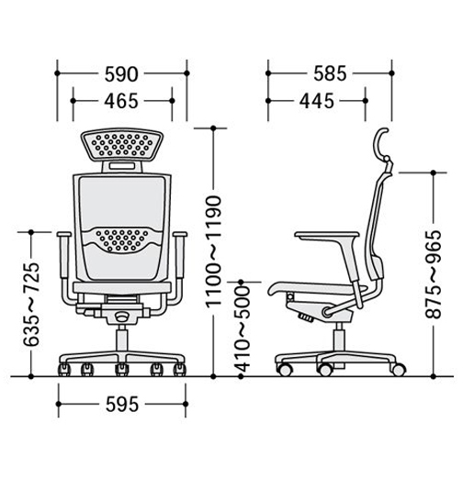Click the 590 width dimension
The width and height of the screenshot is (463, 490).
pos(121,74)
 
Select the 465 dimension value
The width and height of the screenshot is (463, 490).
pos(121,101)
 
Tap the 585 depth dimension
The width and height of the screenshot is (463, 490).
pos(330,73)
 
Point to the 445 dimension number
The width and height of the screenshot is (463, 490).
pos(317,101)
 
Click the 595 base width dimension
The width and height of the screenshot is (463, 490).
pos(122,405)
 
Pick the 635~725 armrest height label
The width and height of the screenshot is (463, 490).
pos(31,305)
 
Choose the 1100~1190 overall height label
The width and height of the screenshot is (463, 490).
pos(214,251)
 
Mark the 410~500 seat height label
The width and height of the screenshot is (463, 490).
pos(242,329)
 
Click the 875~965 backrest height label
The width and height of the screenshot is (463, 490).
pos(434,274)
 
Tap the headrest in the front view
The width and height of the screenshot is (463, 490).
pos(122,145)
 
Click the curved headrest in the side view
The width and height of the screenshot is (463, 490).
pos(379,144)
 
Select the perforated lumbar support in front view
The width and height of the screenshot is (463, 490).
pos(122,239)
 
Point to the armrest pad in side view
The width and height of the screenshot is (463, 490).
pos(326,235)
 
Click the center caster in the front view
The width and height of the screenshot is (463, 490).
pos(121,370)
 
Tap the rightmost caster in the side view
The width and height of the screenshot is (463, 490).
pos(399,370)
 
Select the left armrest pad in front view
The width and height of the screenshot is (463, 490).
pos(64,234)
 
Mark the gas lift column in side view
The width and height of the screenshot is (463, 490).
pos(338,337)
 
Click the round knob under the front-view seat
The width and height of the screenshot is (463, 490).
pos(121,317)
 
